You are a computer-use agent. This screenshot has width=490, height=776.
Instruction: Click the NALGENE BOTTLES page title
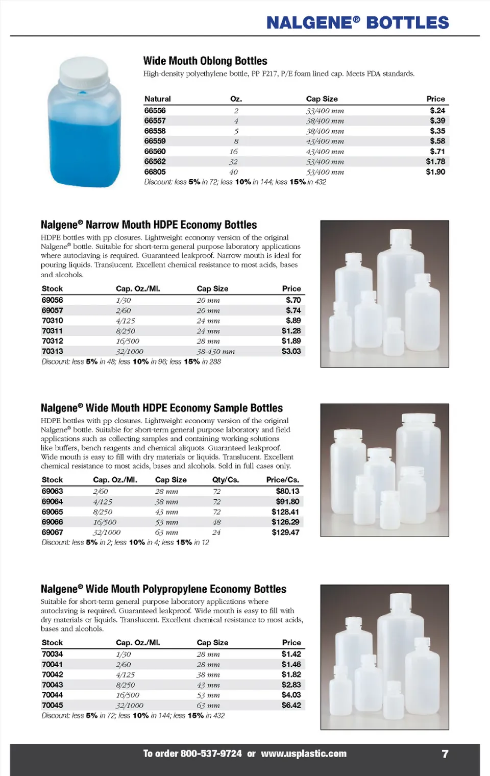(x=357, y=23)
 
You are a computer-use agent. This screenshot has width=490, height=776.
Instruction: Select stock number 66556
(x=155, y=111)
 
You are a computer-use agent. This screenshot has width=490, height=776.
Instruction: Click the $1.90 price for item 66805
(x=435, y=172)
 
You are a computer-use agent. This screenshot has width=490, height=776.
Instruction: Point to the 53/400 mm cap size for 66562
(x=325, y=162)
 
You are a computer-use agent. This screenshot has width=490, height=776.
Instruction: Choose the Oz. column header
(x=236, y=99)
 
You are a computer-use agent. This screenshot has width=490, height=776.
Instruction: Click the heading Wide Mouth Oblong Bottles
(x=205, y=61)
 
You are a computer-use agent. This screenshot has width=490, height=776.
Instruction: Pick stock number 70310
(x=53, y=321)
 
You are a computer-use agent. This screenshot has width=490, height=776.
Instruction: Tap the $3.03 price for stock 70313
(x=291, y=351)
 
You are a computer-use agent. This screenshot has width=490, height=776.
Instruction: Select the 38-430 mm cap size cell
(x=215, y=352)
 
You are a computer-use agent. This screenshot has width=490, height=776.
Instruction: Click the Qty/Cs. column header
(x=226, y=480)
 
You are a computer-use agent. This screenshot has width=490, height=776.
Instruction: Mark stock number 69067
(x=53, y=532)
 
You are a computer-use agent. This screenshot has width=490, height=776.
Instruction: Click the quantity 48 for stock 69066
(x=216, y=522)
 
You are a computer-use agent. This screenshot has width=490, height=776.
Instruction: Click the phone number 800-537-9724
(x=211, y=754)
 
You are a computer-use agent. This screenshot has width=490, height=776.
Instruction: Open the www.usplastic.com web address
(x=304, y=754)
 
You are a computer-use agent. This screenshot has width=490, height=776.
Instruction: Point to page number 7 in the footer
(x=445, y=754)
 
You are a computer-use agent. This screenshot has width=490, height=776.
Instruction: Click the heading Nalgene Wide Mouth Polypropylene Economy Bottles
(x=163, y=589)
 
